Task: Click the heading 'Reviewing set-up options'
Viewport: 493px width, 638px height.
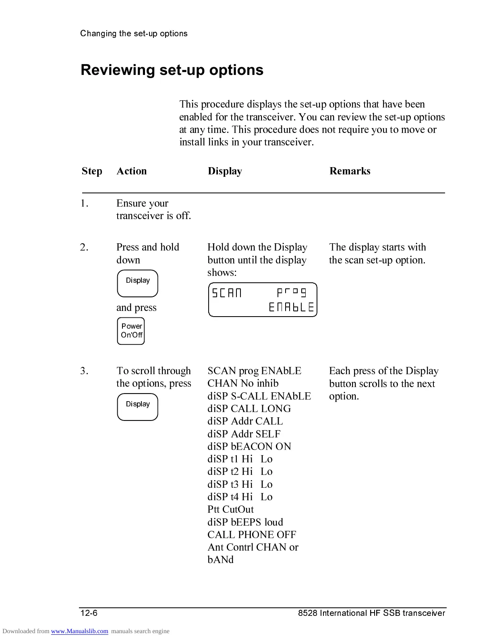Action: [x=172, y=70]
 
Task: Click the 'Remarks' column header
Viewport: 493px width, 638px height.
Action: [x=350, y=171]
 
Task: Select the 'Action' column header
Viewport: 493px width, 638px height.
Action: [x=131, y=171]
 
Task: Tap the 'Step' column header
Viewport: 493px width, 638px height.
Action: [x=92, y=171]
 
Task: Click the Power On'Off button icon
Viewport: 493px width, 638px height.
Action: [x=131, y=331]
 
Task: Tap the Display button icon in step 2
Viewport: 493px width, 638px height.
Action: [x=137, y=283]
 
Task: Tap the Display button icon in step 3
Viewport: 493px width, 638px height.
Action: [x=137, y=407]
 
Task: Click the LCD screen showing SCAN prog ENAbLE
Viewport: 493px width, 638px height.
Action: [x=263, y=300]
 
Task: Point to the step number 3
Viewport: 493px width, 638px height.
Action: [x=84, y=371]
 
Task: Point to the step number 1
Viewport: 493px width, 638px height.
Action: [x=84, y=203]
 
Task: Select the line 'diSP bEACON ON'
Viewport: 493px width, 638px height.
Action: [x=249, y=447]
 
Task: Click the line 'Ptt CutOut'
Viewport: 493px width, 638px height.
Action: [x=230, y=510]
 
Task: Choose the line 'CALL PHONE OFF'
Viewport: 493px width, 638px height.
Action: [x=252, y=535]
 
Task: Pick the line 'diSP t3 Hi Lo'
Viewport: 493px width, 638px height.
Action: [x=240, y=485]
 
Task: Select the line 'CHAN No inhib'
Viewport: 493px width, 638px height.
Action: [x=243, y=383]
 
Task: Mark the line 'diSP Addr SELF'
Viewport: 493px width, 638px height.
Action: [x=244, y=434]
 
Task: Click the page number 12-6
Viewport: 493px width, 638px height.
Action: [x=89, y=613]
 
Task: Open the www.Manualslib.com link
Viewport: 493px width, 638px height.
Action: [x=79, y=631]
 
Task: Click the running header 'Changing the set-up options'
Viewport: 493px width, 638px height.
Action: [x=134, y=33]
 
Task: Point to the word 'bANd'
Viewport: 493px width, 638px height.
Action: [x=220, y=560]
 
